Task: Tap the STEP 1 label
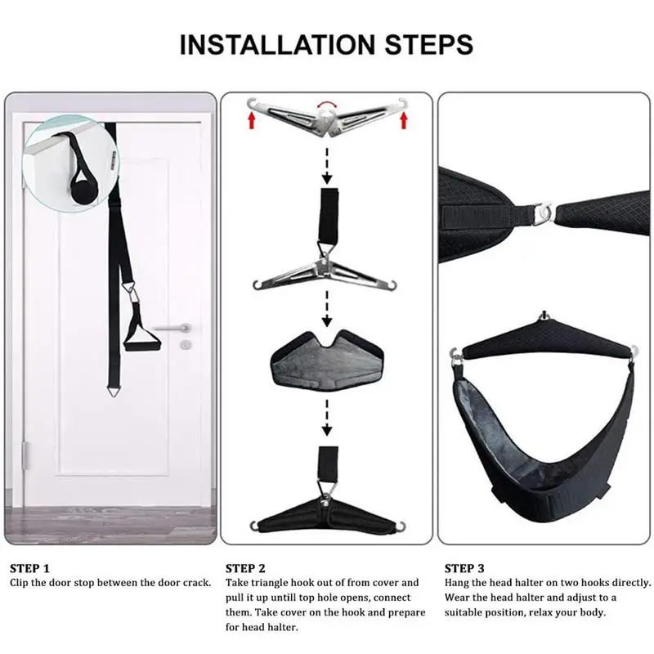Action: coord(29,567)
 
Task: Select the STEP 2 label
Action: coord(245,567)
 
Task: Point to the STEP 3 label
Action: coord(464,567)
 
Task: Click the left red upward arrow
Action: coord(251,123)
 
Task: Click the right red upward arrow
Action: coord(404,123)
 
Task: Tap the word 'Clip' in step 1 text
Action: coord(20,583)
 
